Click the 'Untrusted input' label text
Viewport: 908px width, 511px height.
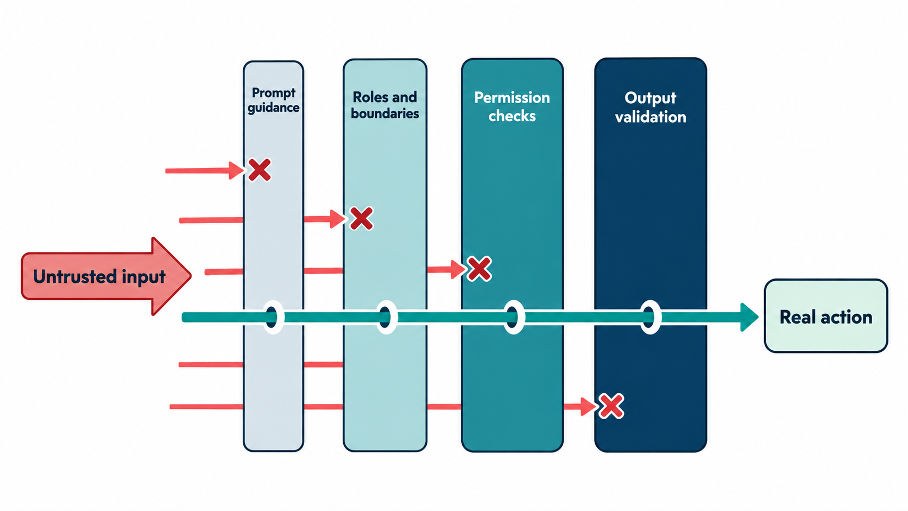click(99, 277)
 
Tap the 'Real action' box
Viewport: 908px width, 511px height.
click(825, 316)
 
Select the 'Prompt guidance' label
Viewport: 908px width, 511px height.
click(274, 100)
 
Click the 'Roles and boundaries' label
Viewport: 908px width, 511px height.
click(384, 105)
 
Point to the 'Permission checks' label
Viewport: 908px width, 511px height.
click(512, 106)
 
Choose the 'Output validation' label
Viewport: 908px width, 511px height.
click(650, 108)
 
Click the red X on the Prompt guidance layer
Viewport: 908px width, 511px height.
click(260, 170)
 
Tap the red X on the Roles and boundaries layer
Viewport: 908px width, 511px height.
click(361, 219)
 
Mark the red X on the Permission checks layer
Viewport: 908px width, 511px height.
click(479, 269)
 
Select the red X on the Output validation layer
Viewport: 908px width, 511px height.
click(611, 406)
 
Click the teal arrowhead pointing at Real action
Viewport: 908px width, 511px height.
click(749, 317)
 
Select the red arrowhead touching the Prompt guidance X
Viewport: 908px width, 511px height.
click(236, 170)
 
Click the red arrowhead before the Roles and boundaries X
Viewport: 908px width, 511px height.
click(338, 219)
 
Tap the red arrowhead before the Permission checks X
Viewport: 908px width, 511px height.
click(458, 269)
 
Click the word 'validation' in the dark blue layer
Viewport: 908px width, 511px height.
click(650, 117)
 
